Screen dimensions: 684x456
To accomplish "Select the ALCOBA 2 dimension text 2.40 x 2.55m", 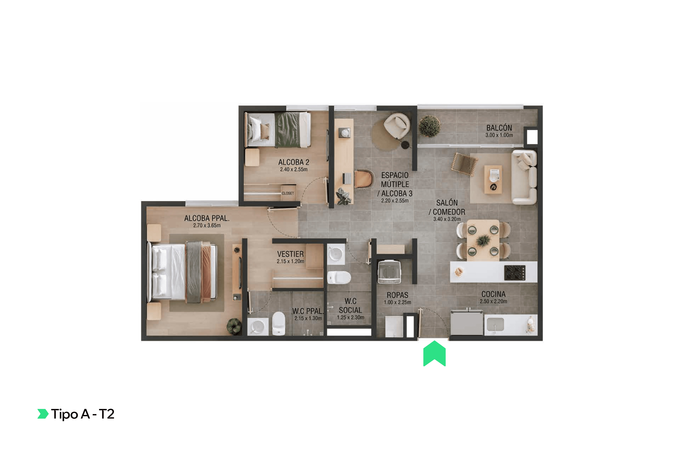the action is pos(294,169).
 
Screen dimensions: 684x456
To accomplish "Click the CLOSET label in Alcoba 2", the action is pos(288,193).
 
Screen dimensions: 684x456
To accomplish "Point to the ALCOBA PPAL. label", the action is pos(207,218).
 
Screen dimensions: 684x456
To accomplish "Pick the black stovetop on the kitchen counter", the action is pos(515,272).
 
